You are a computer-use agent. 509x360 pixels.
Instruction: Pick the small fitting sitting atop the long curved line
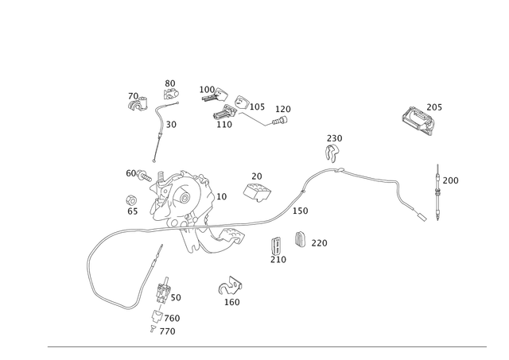pos(332,151)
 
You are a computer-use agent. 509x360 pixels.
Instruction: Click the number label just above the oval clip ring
pos(256,176)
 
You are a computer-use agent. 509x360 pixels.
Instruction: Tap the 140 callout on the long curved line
pos(302,211)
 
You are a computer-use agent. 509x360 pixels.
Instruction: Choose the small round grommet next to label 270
pos(300,238)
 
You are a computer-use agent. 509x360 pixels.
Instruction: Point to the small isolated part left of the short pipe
pos(137,100)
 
